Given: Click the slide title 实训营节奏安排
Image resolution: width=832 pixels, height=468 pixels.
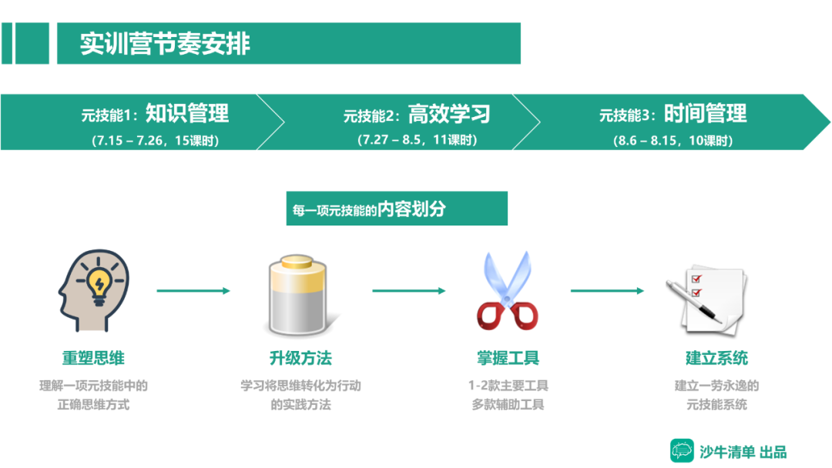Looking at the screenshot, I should coord(166,43).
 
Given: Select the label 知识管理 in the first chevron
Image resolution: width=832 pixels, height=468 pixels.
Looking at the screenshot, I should coord(187,114).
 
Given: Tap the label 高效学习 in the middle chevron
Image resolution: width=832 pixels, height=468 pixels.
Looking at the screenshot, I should coord(449,114).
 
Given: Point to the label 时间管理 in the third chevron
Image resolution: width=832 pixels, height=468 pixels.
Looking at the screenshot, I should coord(705,114).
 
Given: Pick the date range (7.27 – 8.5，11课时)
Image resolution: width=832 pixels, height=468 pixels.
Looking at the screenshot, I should coord(417,140).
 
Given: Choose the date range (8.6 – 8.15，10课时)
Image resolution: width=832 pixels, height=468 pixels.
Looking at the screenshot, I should coord(673,140).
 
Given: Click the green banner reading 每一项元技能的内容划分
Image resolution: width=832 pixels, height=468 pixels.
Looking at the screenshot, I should coord(397,209).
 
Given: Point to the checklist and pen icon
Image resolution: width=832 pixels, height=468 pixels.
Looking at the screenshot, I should coord(705,296).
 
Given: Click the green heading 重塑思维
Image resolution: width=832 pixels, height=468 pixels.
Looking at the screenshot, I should coord(93,358).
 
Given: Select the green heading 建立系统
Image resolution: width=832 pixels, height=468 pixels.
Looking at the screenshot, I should coord(716,358).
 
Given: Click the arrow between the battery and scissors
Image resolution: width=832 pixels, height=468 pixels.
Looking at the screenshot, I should coord(409,291).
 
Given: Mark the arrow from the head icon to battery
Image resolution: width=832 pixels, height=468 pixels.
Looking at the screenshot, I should coord(193,291).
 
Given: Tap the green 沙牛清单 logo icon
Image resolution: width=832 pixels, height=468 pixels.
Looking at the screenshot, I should coord(682,450).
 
